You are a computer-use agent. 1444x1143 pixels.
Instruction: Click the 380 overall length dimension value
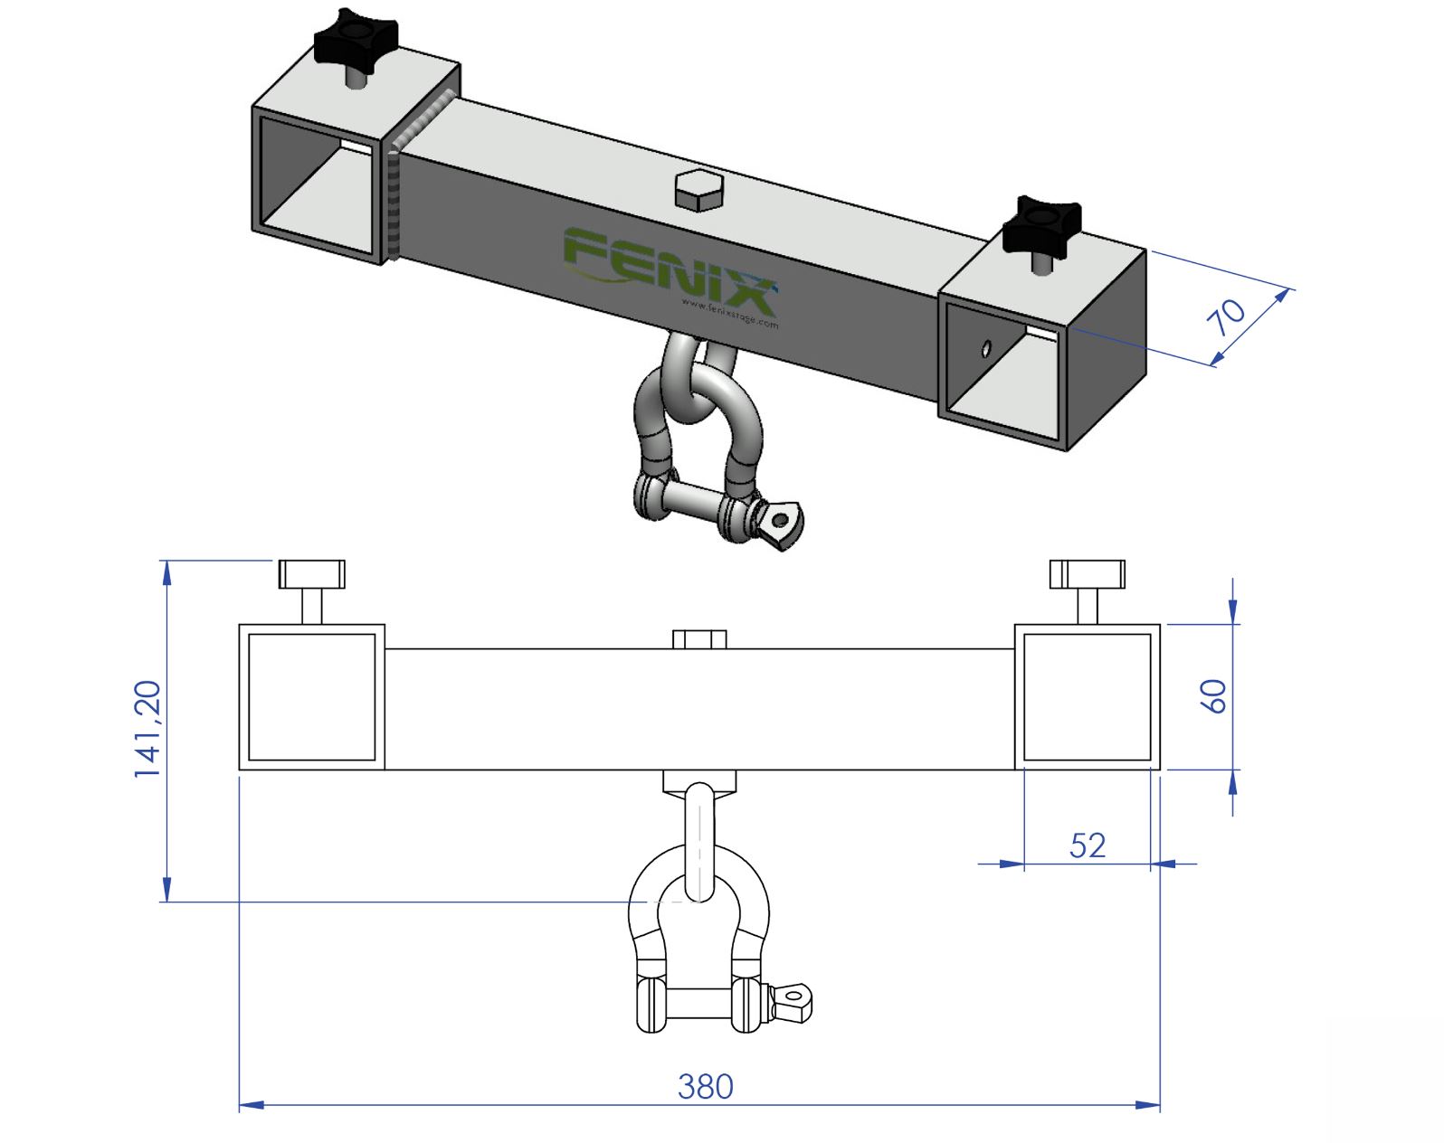(705, 1086)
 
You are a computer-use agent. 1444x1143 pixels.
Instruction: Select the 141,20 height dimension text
(147, 729)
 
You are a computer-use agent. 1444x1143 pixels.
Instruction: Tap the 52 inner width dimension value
(1087, 845)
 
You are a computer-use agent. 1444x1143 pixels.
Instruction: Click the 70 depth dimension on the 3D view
(1227, 316)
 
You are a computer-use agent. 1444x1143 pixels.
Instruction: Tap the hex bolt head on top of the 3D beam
(699, 188)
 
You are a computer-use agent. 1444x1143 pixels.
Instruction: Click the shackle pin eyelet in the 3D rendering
(780, 522)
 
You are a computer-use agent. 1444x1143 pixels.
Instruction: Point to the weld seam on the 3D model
(395, 199)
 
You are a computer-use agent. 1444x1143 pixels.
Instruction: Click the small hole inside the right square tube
(985, 348)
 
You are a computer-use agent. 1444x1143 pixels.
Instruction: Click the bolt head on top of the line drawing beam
(699, 639)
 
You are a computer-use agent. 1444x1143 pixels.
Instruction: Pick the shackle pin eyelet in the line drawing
(794, 998)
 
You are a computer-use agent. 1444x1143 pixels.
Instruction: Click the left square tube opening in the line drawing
(311, 696)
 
